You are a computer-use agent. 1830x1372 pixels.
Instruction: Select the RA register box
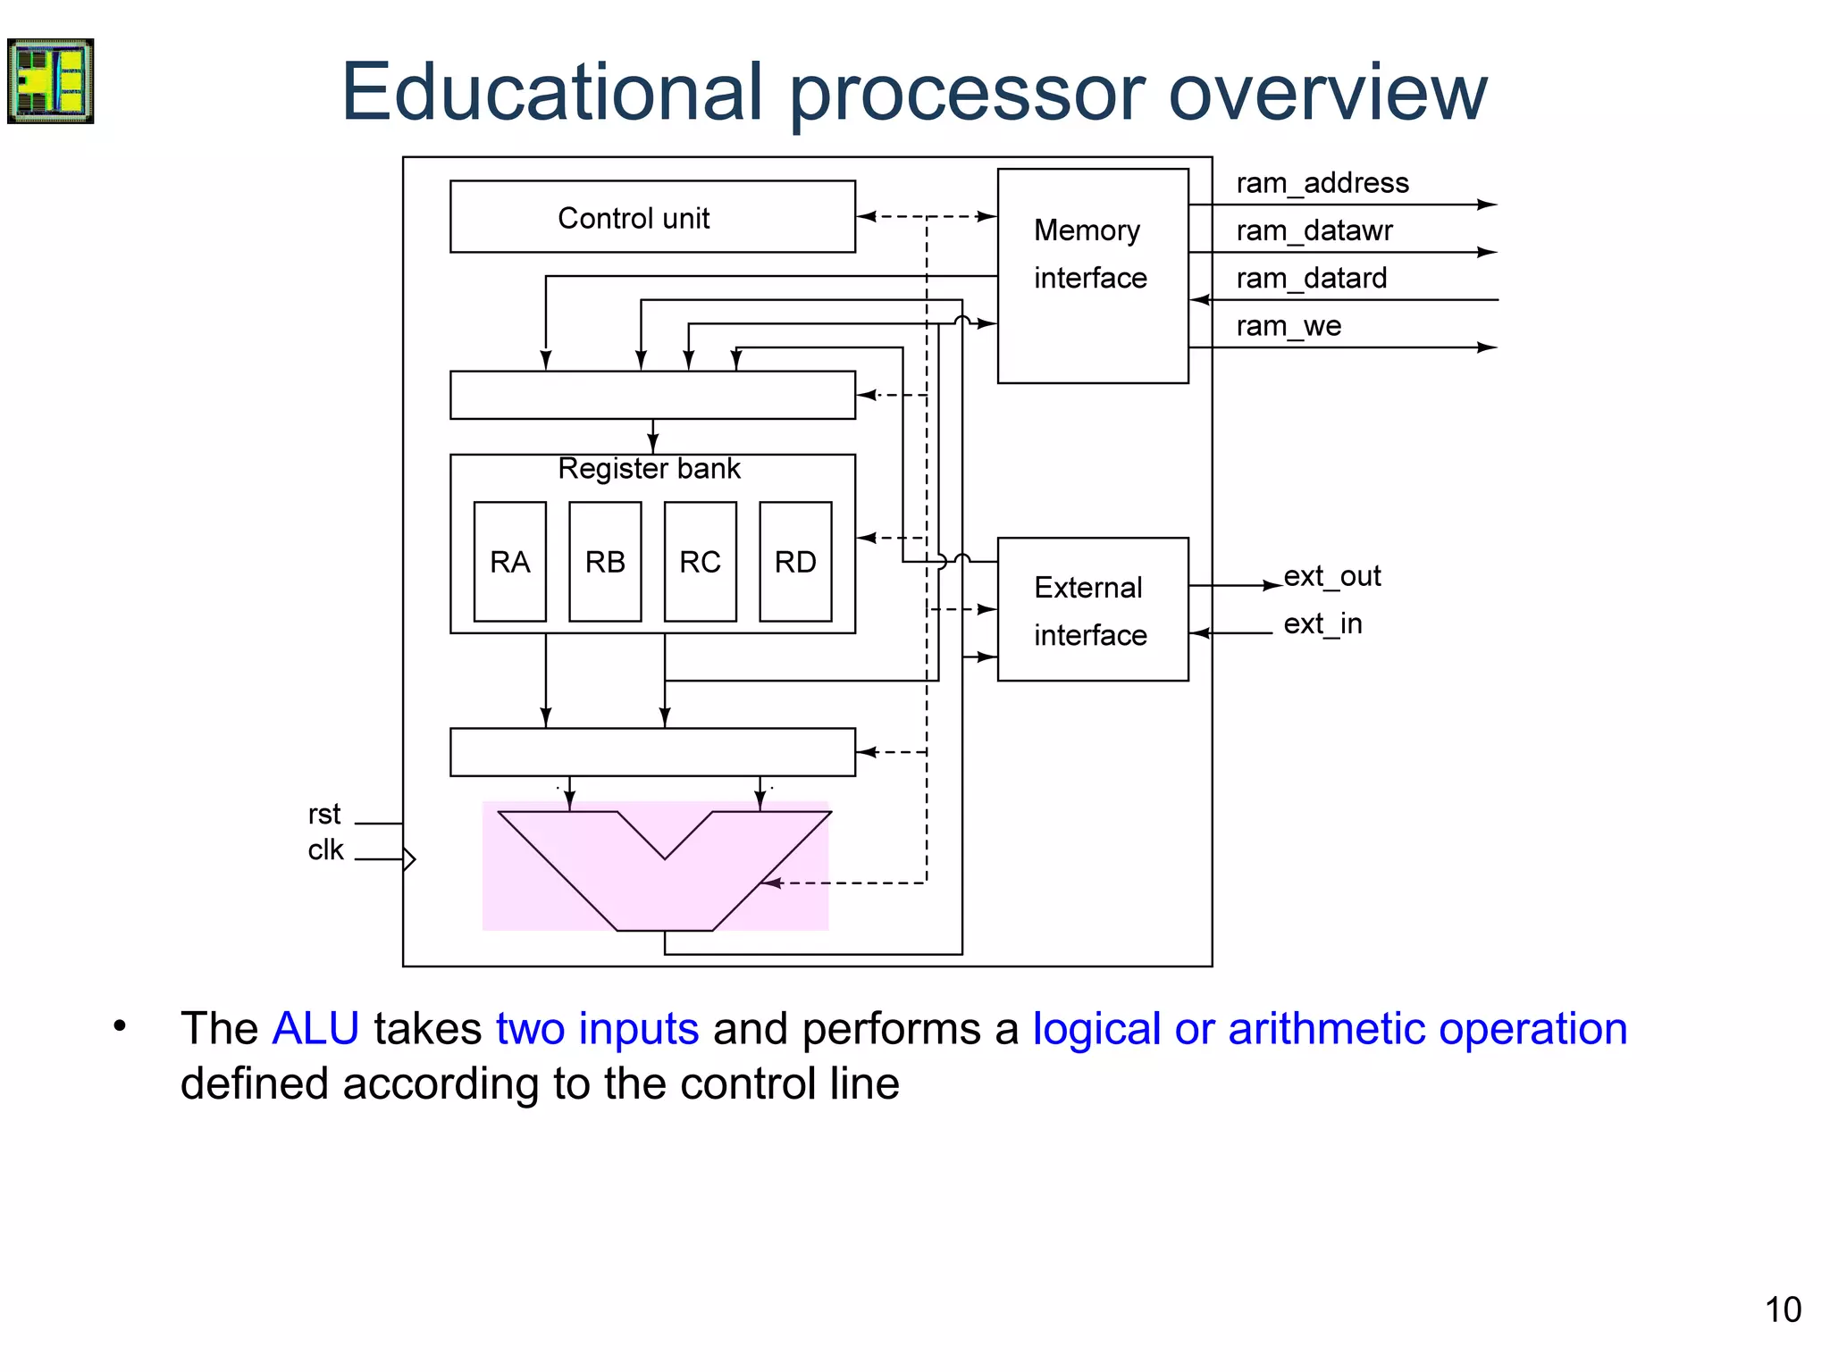point(510,562)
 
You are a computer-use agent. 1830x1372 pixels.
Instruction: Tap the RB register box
point(605,562)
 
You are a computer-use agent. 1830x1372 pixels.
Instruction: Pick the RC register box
point(701,562)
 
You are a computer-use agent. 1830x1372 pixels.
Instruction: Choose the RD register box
point(795,562)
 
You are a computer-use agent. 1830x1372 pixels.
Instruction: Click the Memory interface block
point(1092,275)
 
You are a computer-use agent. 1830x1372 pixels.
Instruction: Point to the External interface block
point(1092,609)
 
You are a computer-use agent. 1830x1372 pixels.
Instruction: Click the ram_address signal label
point(1322,183)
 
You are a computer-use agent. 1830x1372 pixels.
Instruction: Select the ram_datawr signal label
point(1314,230)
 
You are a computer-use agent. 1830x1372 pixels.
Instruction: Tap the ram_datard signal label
point(1311,279)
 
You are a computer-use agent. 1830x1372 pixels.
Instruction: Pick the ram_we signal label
point(1288,326)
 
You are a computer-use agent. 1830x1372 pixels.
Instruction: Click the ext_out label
point(1331,576)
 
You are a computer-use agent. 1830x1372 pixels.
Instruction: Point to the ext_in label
point(1322,623)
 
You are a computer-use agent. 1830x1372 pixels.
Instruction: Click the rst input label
point(323,815)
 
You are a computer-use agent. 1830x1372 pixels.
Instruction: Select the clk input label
point(325,849)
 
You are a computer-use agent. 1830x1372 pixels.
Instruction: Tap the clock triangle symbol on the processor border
point(409,859)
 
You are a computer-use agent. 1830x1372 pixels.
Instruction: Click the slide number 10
point(1782,1310)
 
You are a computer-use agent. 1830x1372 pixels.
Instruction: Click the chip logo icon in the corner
point(51,81)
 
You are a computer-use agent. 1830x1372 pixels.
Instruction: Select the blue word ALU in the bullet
point(315,1028)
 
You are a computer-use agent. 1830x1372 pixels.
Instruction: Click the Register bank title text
point(649,469)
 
